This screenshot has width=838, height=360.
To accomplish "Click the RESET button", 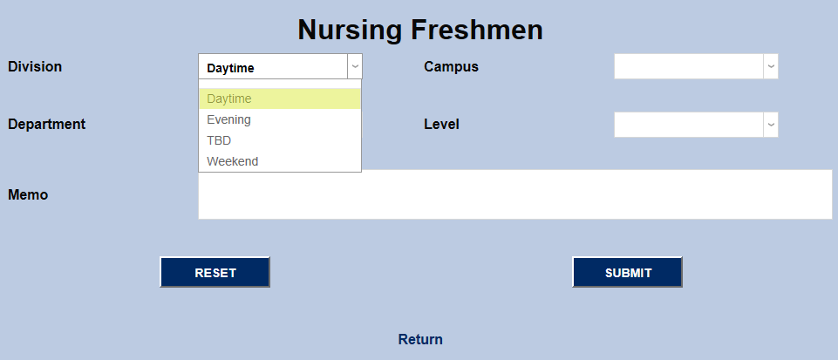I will [215, 272].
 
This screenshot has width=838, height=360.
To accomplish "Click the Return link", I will [420, 339].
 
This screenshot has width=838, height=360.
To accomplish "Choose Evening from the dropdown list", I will [228, 119].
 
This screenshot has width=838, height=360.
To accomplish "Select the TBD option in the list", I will [219, 140].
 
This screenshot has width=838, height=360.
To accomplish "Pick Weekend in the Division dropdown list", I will [232, 161].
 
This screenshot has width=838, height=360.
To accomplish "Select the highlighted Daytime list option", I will [229, 98].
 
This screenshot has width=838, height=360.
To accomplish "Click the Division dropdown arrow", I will [354, 67].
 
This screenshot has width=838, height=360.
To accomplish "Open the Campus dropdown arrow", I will [770, 67].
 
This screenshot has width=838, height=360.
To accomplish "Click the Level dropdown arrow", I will [770, 125].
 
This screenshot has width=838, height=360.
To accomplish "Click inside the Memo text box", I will [514, 194].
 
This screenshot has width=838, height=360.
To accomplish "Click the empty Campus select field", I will [688, 67].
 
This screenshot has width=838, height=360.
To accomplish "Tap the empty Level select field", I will [688, 125].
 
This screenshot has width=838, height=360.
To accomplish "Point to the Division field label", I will [35, 66].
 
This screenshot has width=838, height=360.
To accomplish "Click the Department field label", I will [46, 124].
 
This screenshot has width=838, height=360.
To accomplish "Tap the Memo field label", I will [28, 194].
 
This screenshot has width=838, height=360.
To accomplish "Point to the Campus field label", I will [451, 66].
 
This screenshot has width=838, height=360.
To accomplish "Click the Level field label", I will [441, 124].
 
